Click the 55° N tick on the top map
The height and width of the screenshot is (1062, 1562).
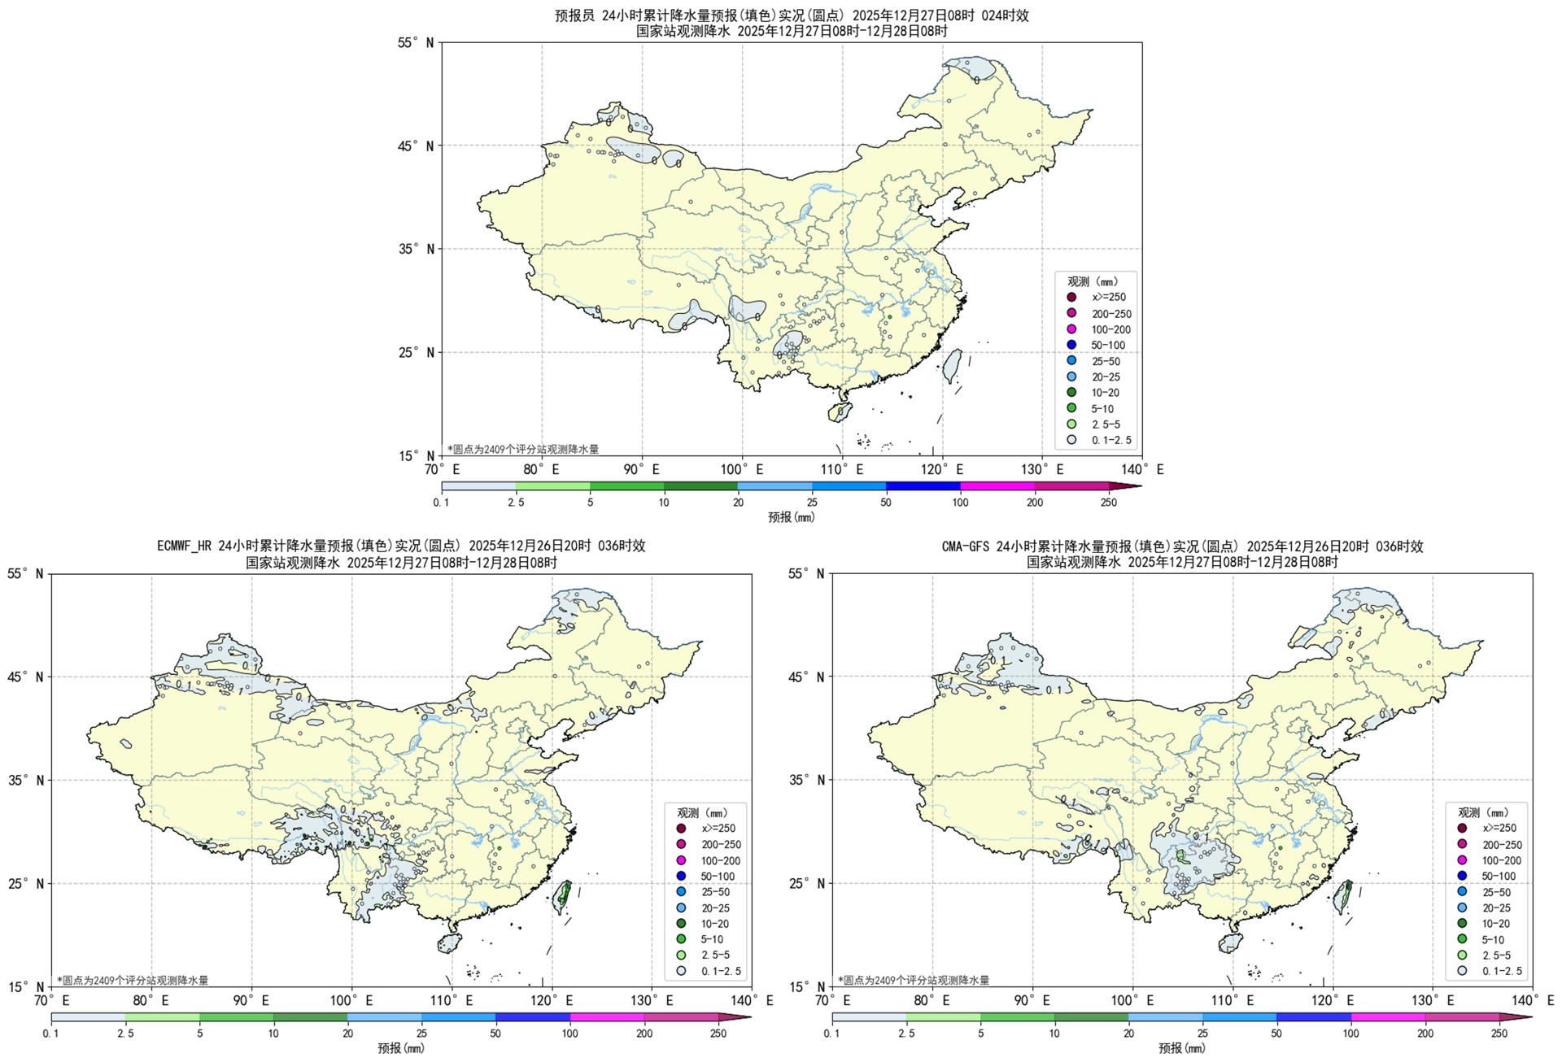(416, 43)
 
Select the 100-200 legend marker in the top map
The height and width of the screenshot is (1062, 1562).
(1071, 329)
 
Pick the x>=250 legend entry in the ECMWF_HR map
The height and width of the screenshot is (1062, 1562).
(681, 829)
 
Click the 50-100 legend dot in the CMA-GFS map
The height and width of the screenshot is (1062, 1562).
(1462, 876)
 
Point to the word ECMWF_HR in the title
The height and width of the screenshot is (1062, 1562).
(185, 546)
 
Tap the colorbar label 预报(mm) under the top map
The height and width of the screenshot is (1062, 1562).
(791, 517)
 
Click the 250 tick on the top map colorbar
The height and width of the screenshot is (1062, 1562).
(1109, 503)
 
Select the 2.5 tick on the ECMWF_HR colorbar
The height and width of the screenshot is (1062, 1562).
(125, 1034)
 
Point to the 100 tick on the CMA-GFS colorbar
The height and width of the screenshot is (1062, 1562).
(1350, 1034)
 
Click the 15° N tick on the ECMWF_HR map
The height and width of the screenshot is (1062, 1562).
(25, 987)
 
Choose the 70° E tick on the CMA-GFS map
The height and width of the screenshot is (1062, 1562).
(832, 1001)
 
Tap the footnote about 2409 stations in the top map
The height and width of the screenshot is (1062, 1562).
(523, 449)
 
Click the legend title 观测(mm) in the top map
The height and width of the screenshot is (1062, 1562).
(1093, 281)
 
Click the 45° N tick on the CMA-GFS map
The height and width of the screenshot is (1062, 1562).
(806, 677)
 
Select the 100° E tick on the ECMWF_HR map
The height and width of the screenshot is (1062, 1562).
(351, 1001)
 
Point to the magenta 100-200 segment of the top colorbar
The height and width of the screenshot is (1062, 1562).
(997, 486)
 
